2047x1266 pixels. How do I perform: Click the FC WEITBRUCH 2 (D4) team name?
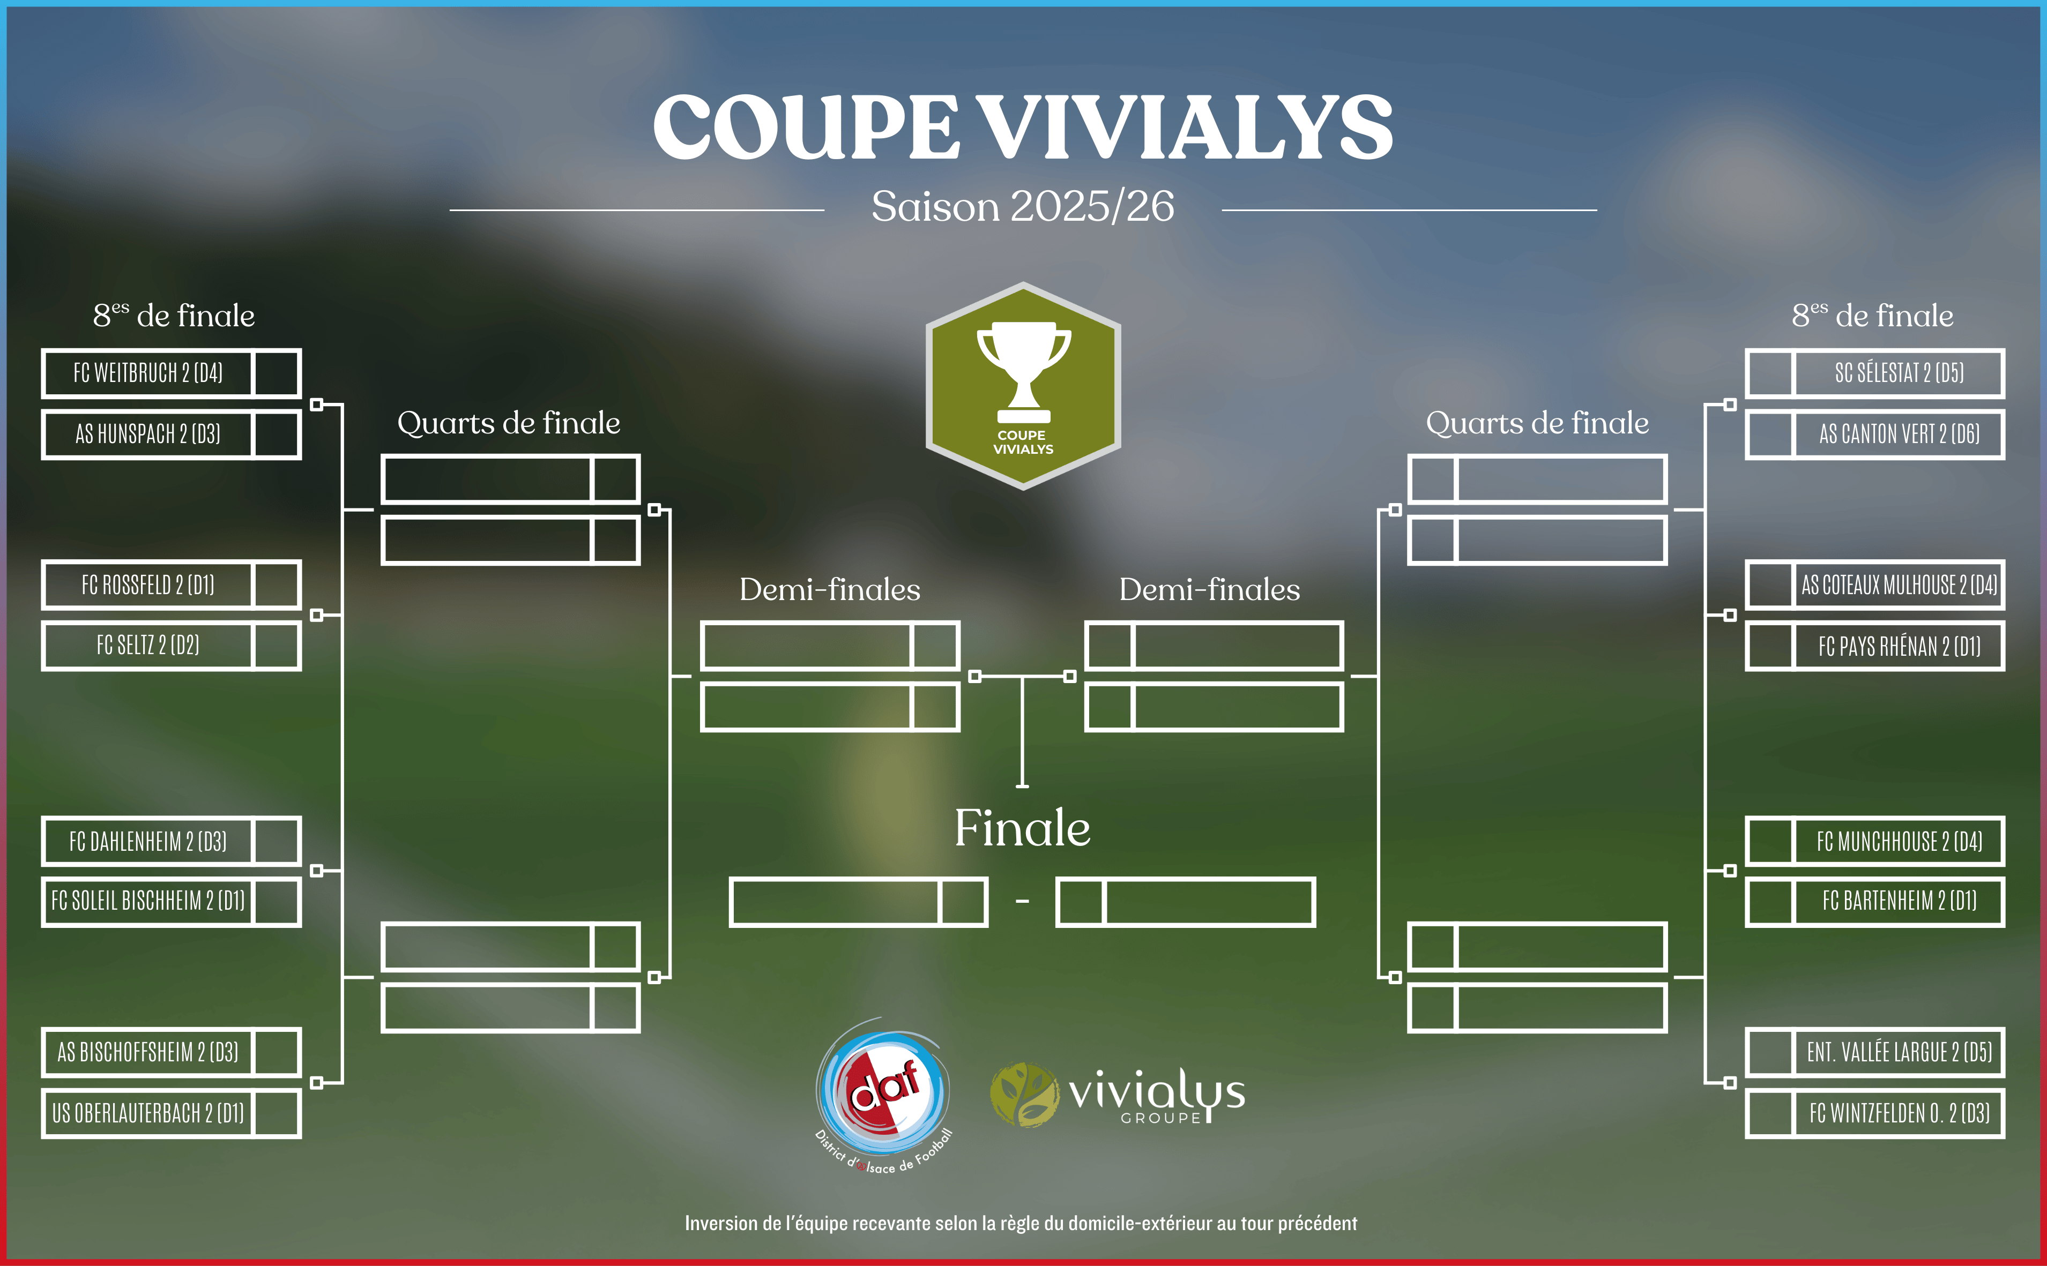pyautogui.click(x=148, y=372)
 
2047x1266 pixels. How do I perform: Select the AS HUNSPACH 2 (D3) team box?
pyautogui.click(x=171, y=435)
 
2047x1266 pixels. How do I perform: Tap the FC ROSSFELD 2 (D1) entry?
pyautogui.click(x=148, y=585)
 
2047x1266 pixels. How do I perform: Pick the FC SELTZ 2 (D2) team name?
pyautogui.click(x=148, y=646)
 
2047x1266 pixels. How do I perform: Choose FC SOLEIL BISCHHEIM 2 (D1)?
pyautogui.click(x=148, y=901)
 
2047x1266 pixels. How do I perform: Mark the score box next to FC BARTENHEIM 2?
pyautogui.click(x=1770, y=902)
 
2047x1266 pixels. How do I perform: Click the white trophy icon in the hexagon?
pyautogui.click(x=1024, y=372)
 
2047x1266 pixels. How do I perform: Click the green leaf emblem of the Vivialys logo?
pyautogui.click(x=1024, y=1095)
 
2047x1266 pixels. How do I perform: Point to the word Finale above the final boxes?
pyautogui.click(x=1023, y=828)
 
